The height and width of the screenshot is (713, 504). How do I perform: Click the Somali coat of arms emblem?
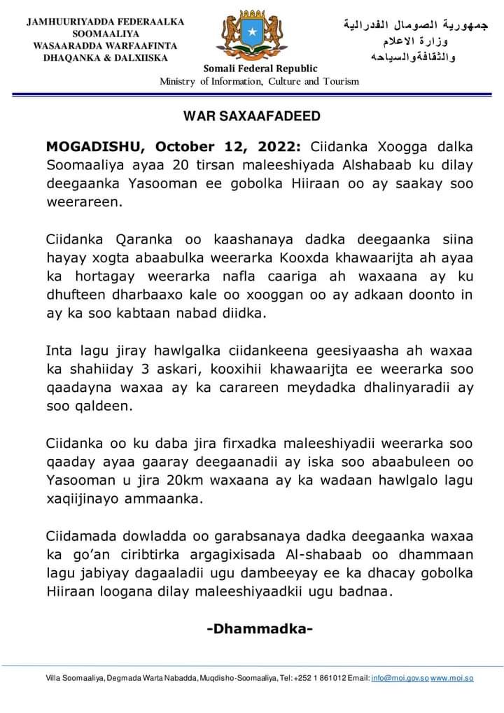[251, 35]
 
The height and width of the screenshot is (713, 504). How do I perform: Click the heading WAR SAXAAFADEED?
[252, 115]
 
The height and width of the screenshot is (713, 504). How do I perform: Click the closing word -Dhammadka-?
[259, 628]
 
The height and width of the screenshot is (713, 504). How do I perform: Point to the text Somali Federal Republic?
[260, 69]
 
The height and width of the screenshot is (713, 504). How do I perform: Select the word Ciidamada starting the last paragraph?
[83, 535]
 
